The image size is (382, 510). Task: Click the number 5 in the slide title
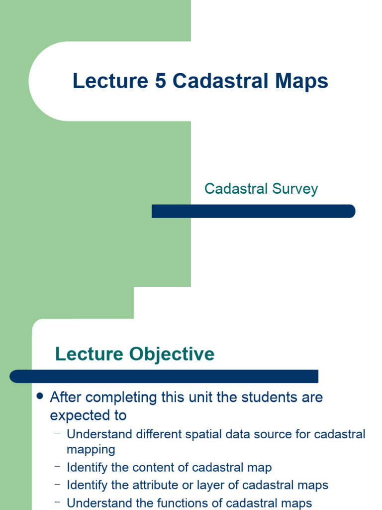(160, 81)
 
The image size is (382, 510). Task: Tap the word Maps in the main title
(301, 81)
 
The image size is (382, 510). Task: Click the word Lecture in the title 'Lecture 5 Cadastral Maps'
(110, 81)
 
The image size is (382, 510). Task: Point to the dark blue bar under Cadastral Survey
(254, 211)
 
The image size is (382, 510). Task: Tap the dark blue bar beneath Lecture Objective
(164, 376)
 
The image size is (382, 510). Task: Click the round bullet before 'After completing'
(41, 396)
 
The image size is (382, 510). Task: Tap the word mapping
(91, 450)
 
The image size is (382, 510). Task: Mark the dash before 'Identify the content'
(58, 467)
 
